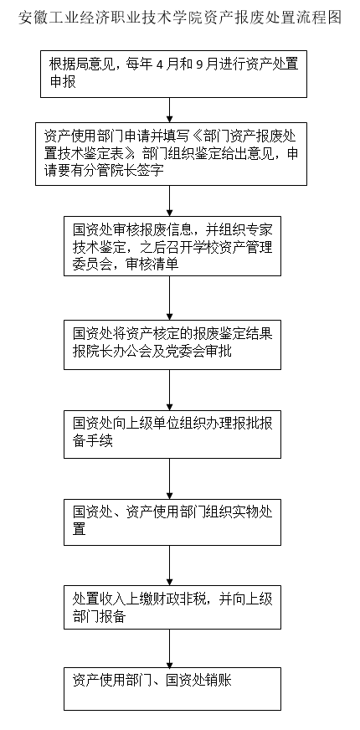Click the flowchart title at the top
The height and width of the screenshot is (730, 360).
[180, 18]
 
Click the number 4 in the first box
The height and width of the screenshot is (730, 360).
[160, 64]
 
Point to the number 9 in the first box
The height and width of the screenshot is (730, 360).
[200, 64]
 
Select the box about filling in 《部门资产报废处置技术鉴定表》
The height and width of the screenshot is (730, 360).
[172, 154]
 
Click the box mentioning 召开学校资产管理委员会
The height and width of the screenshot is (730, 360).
[172, 246]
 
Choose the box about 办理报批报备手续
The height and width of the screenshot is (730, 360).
[172, 434]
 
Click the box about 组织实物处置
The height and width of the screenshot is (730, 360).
[172, 522]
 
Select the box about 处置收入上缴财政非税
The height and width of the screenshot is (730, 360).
[172, 607]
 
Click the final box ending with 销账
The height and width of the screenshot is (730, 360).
[172, 689]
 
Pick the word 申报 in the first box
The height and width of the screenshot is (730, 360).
[63, 81]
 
